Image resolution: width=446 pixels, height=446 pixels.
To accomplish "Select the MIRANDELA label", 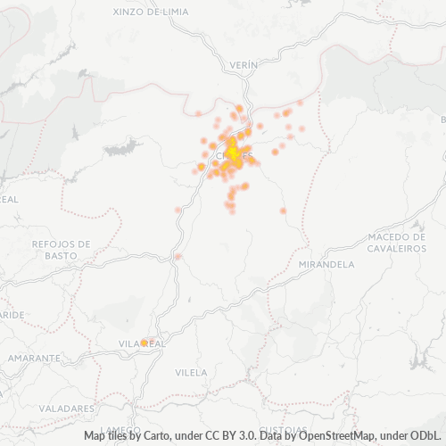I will pos(327,265).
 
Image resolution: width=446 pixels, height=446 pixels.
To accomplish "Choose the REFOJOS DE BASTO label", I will pos(61,249).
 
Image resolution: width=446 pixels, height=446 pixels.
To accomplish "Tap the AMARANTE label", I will pos(33,357).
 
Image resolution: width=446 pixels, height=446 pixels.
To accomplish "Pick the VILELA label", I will pos(191,372).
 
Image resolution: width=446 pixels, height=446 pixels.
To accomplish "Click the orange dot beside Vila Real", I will pos(145,342).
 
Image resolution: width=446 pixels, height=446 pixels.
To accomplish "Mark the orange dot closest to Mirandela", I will pos(283,211).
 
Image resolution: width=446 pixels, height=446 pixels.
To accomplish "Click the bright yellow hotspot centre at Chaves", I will pos(234,153).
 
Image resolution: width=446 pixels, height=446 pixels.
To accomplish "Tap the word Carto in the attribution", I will pos(155,436).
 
